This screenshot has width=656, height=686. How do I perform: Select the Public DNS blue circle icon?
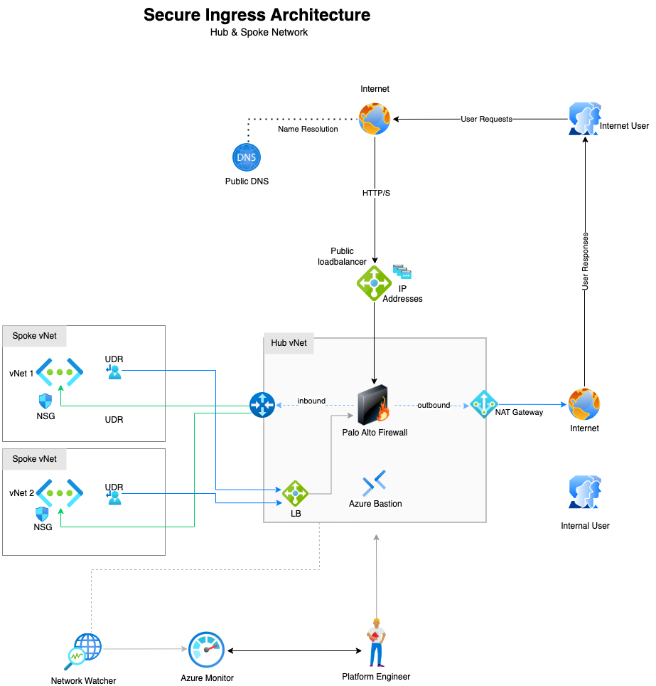tap(247, 157)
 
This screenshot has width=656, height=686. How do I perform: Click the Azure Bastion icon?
tap(375, 483)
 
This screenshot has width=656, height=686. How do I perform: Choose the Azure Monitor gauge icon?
tap(207, 649)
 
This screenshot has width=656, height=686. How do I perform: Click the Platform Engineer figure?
tap(375, 643)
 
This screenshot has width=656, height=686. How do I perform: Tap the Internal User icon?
tap(585, 492)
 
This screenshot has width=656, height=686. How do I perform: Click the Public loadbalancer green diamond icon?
tap(374, 283)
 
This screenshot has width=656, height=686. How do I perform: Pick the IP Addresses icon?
tap(402, 272)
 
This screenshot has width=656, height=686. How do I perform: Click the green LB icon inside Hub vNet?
tap(295, 493)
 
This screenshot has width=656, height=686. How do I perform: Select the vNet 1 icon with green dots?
tap(60, 372)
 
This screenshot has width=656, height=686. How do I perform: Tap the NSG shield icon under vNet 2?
tap(43, 514)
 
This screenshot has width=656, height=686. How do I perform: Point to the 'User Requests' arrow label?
tap(486, 119)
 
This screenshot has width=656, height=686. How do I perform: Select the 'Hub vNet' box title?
tap(289, 342)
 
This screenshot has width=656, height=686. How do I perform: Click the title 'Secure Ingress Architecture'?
tap(257, 15)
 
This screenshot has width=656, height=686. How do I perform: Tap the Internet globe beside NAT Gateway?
tap(584, 404)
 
